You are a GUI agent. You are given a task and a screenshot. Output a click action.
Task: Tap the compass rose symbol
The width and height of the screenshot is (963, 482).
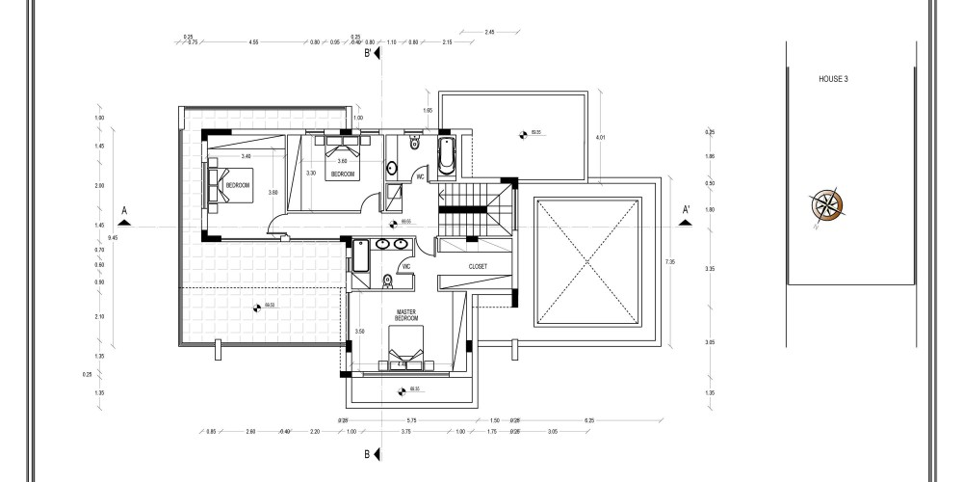click(x=826, y=204)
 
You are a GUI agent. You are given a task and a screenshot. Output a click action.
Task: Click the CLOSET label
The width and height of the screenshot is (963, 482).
click(x=478, y=266)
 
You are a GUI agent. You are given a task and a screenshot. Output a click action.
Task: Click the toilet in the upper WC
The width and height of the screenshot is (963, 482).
click(x=414, y=144)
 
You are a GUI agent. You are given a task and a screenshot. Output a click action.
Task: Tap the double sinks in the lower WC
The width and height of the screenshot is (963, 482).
click(x=392, y=245)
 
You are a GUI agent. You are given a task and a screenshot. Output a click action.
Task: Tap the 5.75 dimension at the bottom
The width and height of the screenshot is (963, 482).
click(x=410, y=421)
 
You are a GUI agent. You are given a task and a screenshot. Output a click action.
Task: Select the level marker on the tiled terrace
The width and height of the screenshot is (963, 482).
click(x=256, y=308)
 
